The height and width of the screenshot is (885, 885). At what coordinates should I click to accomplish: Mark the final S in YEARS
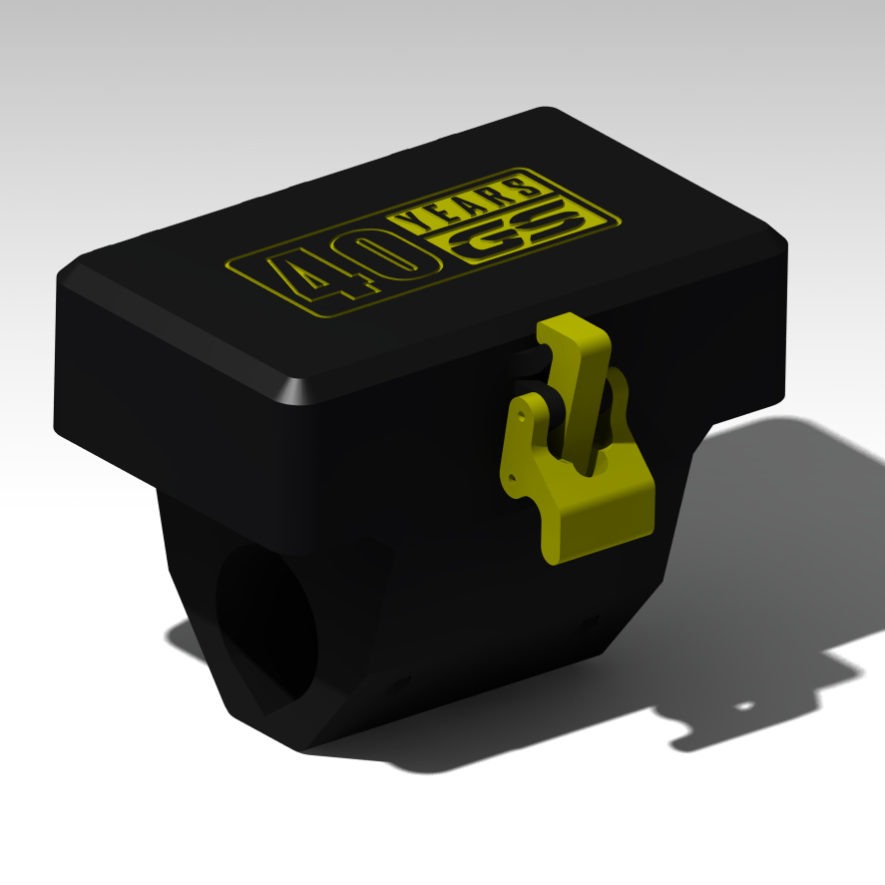(521, 187)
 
